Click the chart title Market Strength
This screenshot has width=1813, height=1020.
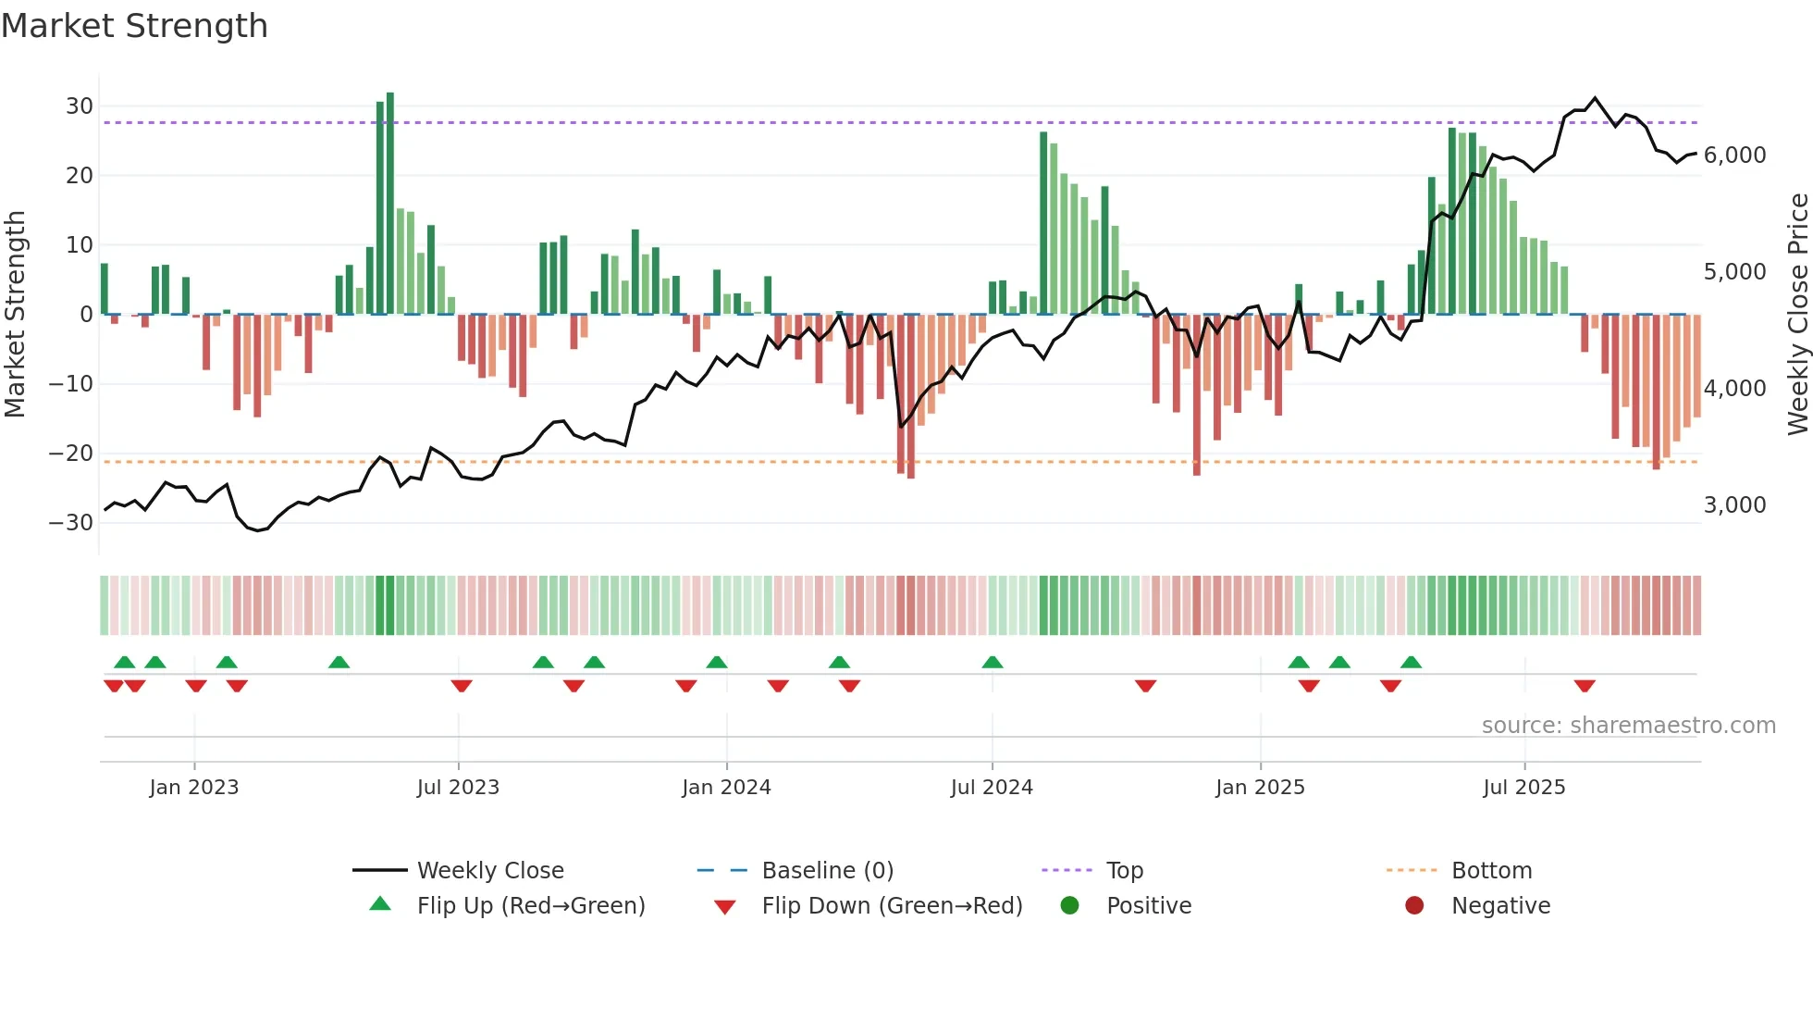pos(134,26)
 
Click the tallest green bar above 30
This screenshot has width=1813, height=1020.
pos(390,204)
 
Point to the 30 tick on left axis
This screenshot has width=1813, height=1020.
pos(80,106)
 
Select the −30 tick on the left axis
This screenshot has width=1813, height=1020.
pos(72,523)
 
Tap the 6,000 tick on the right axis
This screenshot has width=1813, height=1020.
pos(1734,155)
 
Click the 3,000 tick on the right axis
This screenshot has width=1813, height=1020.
pos(1734,505)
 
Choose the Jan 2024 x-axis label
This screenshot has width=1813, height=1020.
pos(726,788)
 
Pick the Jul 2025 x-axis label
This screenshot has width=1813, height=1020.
pos(1523,788)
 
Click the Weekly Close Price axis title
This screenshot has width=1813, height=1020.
pos(1797,315)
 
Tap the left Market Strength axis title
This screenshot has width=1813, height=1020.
pos(16,315)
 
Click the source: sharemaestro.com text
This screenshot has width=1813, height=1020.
pos(1628,726)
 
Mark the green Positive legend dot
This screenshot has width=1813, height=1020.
pos(1070,906)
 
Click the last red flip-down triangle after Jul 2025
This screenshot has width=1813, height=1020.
pos(1585,686)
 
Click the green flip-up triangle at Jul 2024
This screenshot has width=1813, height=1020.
pos(993,662)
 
